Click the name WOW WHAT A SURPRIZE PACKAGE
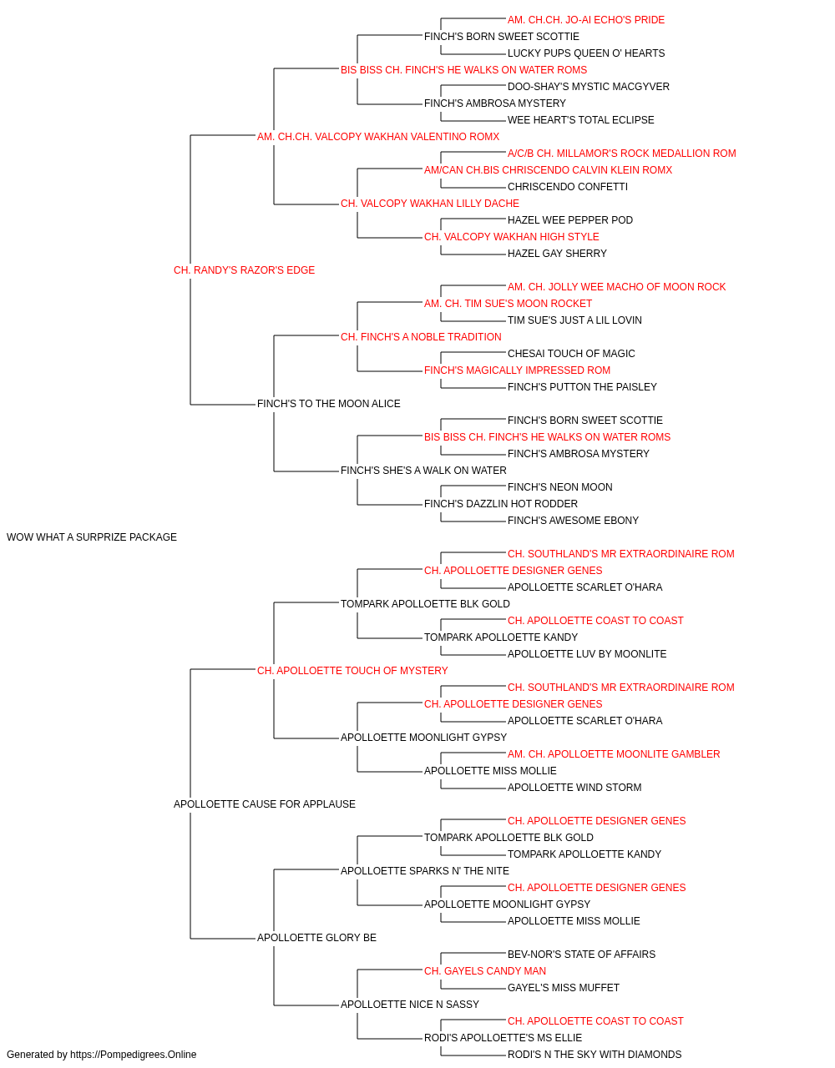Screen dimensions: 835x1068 point(92,537)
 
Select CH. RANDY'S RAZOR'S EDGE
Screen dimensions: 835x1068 point(244,270)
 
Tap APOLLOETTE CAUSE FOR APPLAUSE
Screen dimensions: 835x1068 point(264,804)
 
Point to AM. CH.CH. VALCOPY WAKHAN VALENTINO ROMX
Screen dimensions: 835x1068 point(377,137)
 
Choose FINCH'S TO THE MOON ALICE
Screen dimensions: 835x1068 point(328,404)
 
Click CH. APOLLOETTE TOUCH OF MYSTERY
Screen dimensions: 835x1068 point(352,670)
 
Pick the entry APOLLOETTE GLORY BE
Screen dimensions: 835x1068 point(316,937)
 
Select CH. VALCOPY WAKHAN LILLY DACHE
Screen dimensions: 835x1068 point(430,204)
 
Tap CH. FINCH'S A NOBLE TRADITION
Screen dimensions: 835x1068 point(421,336)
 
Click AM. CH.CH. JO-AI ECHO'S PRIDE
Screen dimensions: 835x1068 point(585,20)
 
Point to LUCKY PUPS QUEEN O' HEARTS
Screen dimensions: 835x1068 point(586,53)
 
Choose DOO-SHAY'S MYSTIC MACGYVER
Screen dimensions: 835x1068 point(589,87)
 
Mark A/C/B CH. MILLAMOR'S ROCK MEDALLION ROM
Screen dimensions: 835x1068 point(621,154)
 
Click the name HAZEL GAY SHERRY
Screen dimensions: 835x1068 point(557,254)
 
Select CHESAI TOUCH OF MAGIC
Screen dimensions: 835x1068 point(571,354)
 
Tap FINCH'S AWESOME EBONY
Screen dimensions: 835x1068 point(573,521)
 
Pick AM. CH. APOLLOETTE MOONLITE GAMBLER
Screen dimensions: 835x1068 point(614,754)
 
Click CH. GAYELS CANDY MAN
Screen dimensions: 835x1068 point(485,970)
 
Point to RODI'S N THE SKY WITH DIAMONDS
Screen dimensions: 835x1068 point(595,1055)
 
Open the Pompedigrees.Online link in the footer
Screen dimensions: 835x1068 point(133,1055)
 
